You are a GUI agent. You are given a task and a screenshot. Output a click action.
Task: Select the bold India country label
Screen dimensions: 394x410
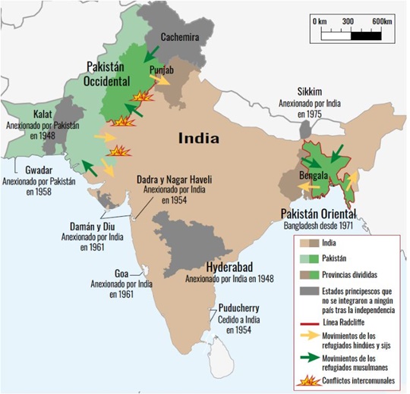198,138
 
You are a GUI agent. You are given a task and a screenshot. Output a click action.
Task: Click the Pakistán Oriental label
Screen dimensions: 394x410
319,212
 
